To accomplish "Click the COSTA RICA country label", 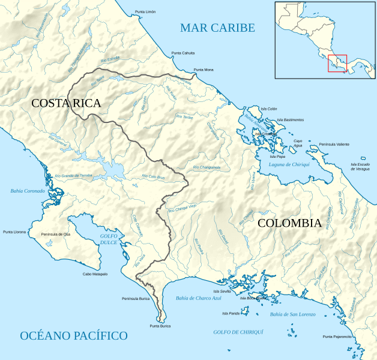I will tap(66, 103).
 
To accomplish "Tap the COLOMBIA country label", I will tap(289, 223).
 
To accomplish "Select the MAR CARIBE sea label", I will tap(217, 28).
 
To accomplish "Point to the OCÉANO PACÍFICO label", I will tap(74, 335).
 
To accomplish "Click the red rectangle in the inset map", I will tap(337, 63).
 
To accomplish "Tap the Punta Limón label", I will tap(145, 12).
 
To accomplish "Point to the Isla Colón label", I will tap(268, 109).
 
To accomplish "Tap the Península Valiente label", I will tap(334, 145).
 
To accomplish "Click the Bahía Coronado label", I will tap(28, 191).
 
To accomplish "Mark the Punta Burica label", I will tap(160, 326).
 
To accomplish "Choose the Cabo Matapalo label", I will tap(95, 274).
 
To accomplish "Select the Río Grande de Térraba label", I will tap(73, 175).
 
